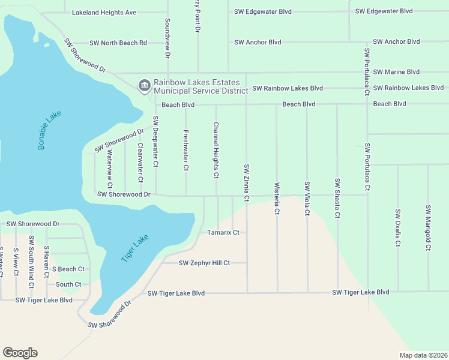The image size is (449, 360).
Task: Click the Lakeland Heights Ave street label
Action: (104, 12)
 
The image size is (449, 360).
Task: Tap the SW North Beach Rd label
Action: (118, 43)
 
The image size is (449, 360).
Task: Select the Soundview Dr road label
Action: (167, 38)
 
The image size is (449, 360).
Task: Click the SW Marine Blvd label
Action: (396, 72)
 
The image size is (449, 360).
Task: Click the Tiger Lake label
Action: (134, 248)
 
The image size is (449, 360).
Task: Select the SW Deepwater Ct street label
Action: (155, 141)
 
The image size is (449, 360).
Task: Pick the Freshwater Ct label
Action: (185, 151)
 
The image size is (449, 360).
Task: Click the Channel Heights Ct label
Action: (216, 151)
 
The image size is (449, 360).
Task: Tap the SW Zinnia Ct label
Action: (246, 182)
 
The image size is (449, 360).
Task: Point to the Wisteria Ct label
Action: (277, 199)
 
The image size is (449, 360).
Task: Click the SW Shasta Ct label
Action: (337, 199)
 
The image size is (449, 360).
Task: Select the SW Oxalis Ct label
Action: (397, 228)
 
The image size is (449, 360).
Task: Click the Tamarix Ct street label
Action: (223, 232)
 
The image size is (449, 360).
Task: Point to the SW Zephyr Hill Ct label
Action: (205, 263)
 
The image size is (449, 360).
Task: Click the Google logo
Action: (20, 353)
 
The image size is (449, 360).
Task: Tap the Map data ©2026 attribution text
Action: (423, 355)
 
